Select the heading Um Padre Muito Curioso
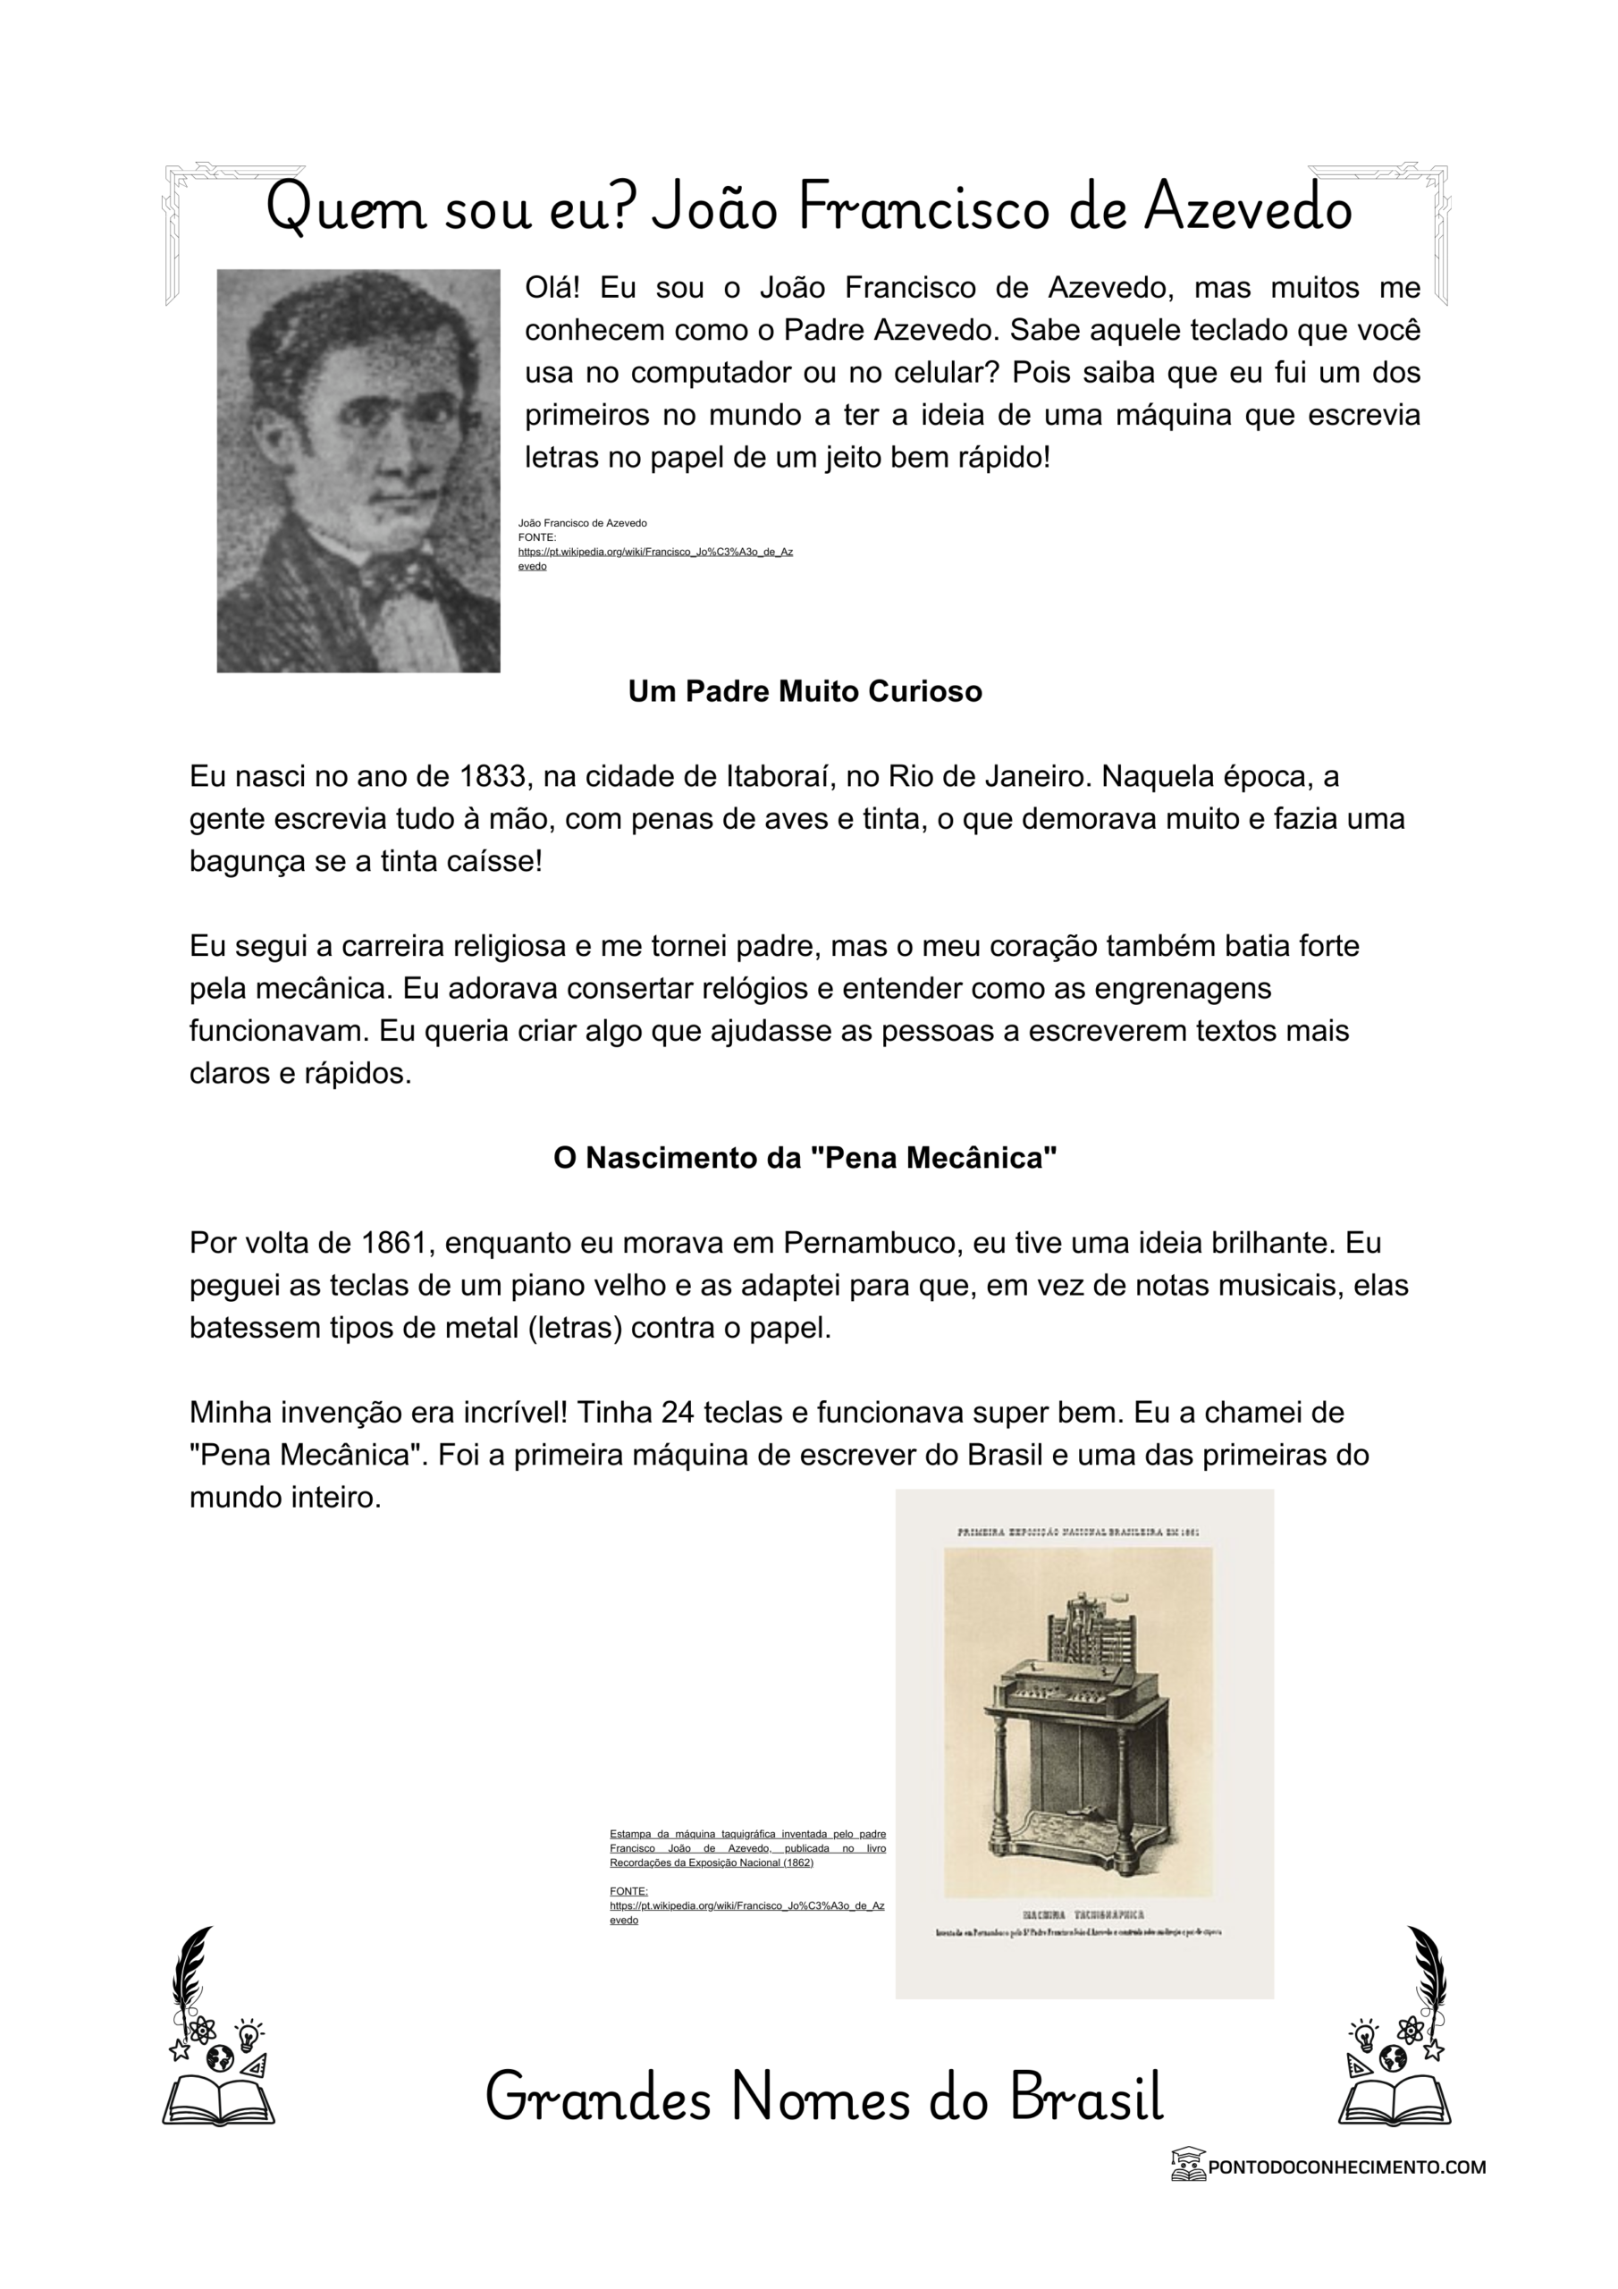(x=805, y=691)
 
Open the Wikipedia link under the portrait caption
(x=655, y=553)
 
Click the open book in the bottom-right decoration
(x=1394, y=2099)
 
